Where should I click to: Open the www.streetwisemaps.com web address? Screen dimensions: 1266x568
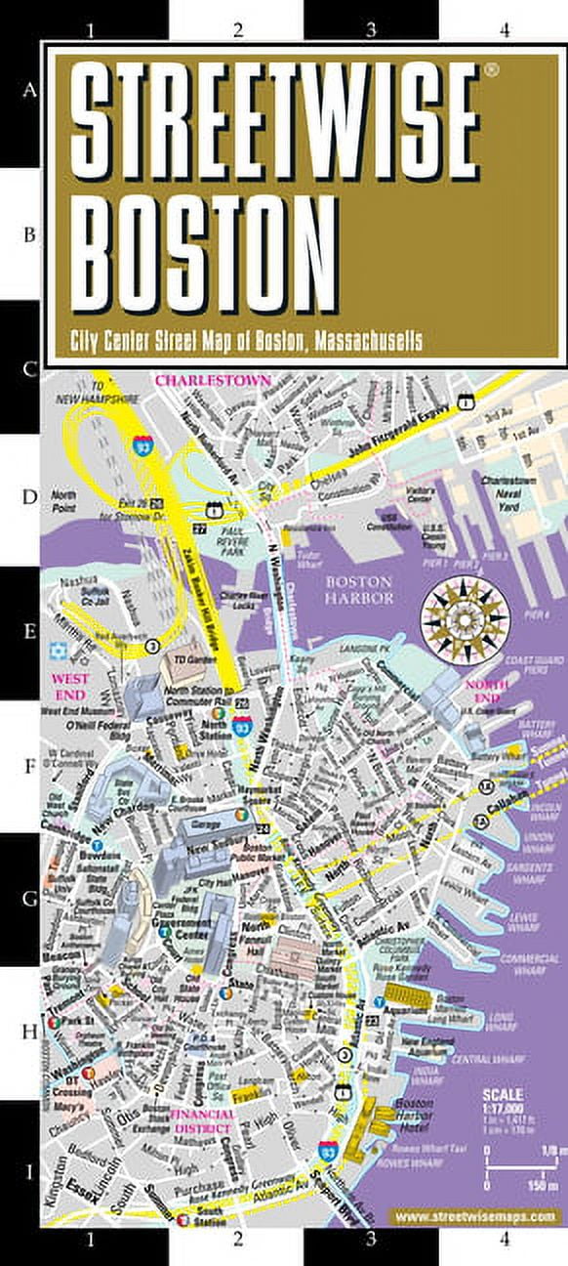(473, 1216)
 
